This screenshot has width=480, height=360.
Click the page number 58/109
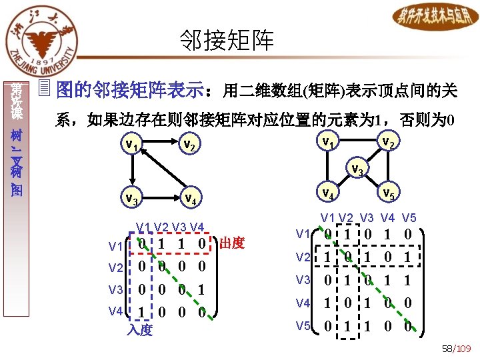click(456, 349)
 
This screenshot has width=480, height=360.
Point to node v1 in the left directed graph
click(131, 143)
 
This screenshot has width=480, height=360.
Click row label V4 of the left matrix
click(116, 311)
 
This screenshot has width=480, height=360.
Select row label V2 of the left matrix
click(116, 267)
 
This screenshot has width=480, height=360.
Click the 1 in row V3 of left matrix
click(201, 290)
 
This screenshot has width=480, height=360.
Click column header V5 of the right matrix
click(409, 218)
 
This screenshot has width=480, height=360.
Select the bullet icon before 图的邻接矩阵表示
click(45, 87)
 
